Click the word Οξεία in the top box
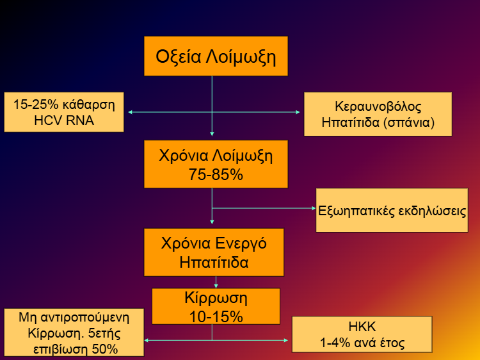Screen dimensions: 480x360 178,57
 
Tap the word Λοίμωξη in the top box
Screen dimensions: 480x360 241,57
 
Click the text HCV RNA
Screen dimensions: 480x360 64,120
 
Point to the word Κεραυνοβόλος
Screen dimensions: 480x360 378,106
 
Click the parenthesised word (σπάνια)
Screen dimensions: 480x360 409,122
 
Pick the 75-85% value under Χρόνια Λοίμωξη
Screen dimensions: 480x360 216,175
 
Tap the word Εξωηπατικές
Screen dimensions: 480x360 356,211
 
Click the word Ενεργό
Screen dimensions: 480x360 241,244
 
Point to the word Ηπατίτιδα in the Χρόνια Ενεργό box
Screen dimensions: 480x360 214,263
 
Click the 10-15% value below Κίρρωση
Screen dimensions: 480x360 216,316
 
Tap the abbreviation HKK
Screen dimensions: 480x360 362,327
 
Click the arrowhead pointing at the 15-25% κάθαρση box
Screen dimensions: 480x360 130,112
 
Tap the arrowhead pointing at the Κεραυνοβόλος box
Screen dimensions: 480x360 298,112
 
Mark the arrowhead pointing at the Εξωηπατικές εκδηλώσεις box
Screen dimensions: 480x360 314,208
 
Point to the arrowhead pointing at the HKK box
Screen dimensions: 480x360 285,340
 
